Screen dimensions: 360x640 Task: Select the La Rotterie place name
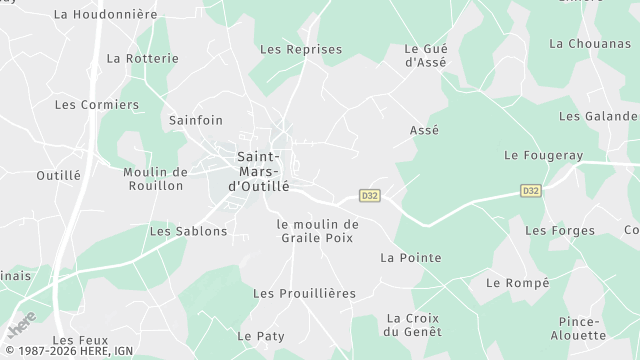[x=142, y=58]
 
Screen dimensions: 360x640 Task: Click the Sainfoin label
[x=196, y=120]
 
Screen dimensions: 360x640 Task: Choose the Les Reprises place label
[x=301, y=49]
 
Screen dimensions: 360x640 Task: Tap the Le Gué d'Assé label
[x=425, y=55]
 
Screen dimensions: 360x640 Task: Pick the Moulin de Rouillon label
[x=155, y=178]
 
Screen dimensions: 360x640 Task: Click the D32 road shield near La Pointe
[x=370, y=194]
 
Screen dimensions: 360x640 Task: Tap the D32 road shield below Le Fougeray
[x=530, y=190]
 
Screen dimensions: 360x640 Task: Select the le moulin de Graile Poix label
[x=318, y=231]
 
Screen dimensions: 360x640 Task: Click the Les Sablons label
[x=188, y=231]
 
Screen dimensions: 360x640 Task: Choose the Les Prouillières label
[x=304, y=293]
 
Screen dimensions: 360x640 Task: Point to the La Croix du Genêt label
[x=413, y=325]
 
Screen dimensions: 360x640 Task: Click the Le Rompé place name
[x=517, y=283]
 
